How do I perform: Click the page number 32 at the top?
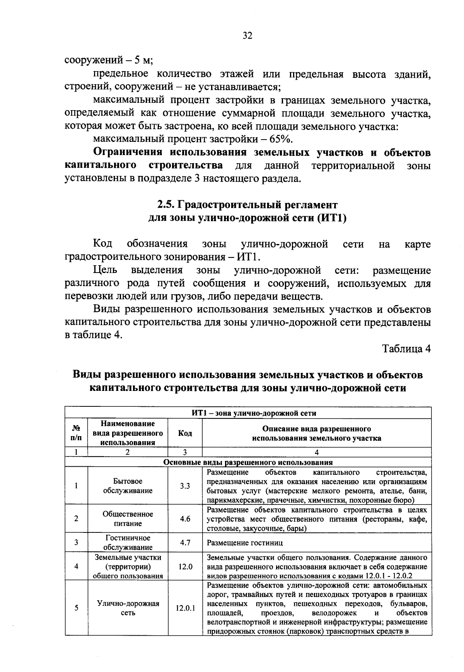coord(247,36)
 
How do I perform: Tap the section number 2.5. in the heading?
coord(167,205)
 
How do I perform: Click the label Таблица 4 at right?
coord(406,349)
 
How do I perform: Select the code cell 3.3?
coord(185,486)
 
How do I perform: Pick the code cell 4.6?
coord(185,519)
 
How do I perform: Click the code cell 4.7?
coord(185,542)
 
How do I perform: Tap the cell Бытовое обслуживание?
coord(128,486)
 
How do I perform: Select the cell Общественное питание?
coord(128,519)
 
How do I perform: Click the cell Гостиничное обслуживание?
coord(128,542)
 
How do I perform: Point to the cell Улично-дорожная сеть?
coord(128,608)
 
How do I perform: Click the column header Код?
coord(185,433)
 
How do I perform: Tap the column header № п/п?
coord(76,433)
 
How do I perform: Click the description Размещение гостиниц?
coord(245,543)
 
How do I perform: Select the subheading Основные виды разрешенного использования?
coord(248,462)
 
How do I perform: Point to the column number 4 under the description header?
coord(317,452)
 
